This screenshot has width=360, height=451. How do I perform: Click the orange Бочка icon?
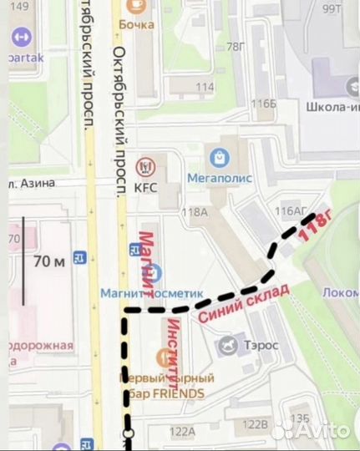(134, 6)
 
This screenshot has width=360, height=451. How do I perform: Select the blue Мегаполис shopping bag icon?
(220, 156)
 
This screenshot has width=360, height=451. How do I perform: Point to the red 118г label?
(315, 225)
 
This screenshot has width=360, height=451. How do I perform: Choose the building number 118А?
(195, 212)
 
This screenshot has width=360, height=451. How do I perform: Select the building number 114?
(205, 87)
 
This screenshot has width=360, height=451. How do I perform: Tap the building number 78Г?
(237, 46)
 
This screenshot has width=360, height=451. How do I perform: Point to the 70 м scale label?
(48, 262)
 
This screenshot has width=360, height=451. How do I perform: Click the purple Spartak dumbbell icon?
(22, 38)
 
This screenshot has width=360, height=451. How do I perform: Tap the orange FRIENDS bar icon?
(165, 357)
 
